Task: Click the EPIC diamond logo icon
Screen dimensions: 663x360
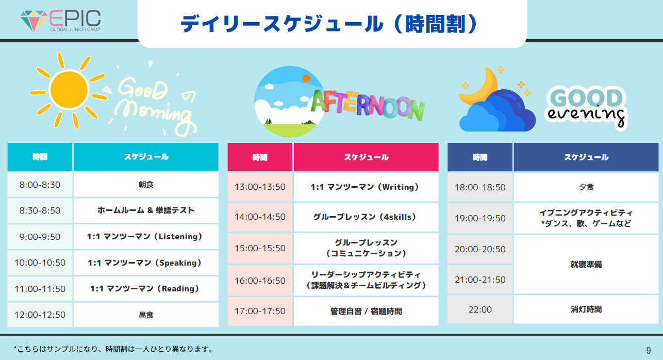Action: tap(34, 21)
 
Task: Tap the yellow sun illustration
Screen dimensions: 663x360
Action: tap(69, 90)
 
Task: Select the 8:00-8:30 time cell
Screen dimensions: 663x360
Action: tap(40, 185)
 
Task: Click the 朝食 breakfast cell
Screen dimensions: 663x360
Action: tap(146, 185)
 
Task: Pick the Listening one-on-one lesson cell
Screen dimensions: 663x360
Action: tap(146, 237)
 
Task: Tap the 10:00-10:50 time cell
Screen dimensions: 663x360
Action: tap(40, 263)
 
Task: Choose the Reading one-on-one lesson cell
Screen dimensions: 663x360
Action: tap(146, 289)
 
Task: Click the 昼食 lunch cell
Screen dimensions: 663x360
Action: tap(146, 315)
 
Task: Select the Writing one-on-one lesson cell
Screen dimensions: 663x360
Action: tap(366, 187)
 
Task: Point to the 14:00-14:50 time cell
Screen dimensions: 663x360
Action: tap(260, 217)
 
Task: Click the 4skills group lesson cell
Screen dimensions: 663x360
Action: tap(366, 217)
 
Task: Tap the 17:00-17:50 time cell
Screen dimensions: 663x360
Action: tap(260, 311)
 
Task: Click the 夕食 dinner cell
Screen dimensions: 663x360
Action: tap(586, 187)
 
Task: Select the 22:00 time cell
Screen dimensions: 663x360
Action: tap(480, 309)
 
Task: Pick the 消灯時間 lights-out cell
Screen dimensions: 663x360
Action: tap(586, 309)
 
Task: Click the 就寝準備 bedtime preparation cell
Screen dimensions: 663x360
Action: tap(586, 265)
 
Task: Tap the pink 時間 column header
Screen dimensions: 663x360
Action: tap(260, 157)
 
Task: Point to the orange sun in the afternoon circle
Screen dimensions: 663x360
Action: tap(306, 78)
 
